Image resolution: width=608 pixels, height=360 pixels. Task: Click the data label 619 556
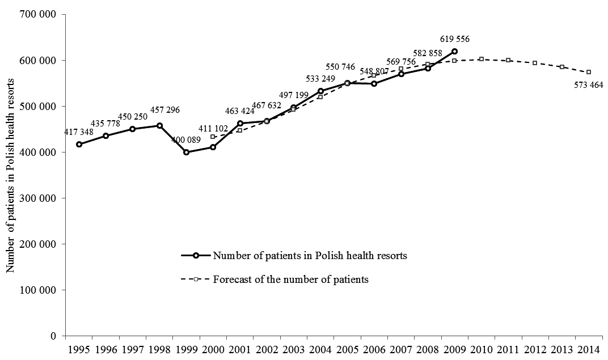coord(455,39)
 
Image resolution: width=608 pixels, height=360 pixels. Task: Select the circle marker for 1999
coord(187,152)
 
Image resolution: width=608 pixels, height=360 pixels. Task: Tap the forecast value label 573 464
coord(586,85)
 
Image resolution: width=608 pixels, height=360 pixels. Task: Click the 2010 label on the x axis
coord(482,347)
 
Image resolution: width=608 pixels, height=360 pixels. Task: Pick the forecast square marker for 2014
coord(589,72)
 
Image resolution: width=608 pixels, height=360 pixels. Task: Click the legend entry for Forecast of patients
coord(291,279)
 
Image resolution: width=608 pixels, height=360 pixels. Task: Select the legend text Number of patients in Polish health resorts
coord(310,255)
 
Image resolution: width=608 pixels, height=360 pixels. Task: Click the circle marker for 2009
coord(455,51)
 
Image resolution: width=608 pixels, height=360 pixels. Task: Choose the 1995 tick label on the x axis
coord(79,347)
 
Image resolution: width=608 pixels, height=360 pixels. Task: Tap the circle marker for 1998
coord(160,125)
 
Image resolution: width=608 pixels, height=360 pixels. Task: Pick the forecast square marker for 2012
coord(535,63)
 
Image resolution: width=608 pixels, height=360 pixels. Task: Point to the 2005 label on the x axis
coord(347,347)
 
